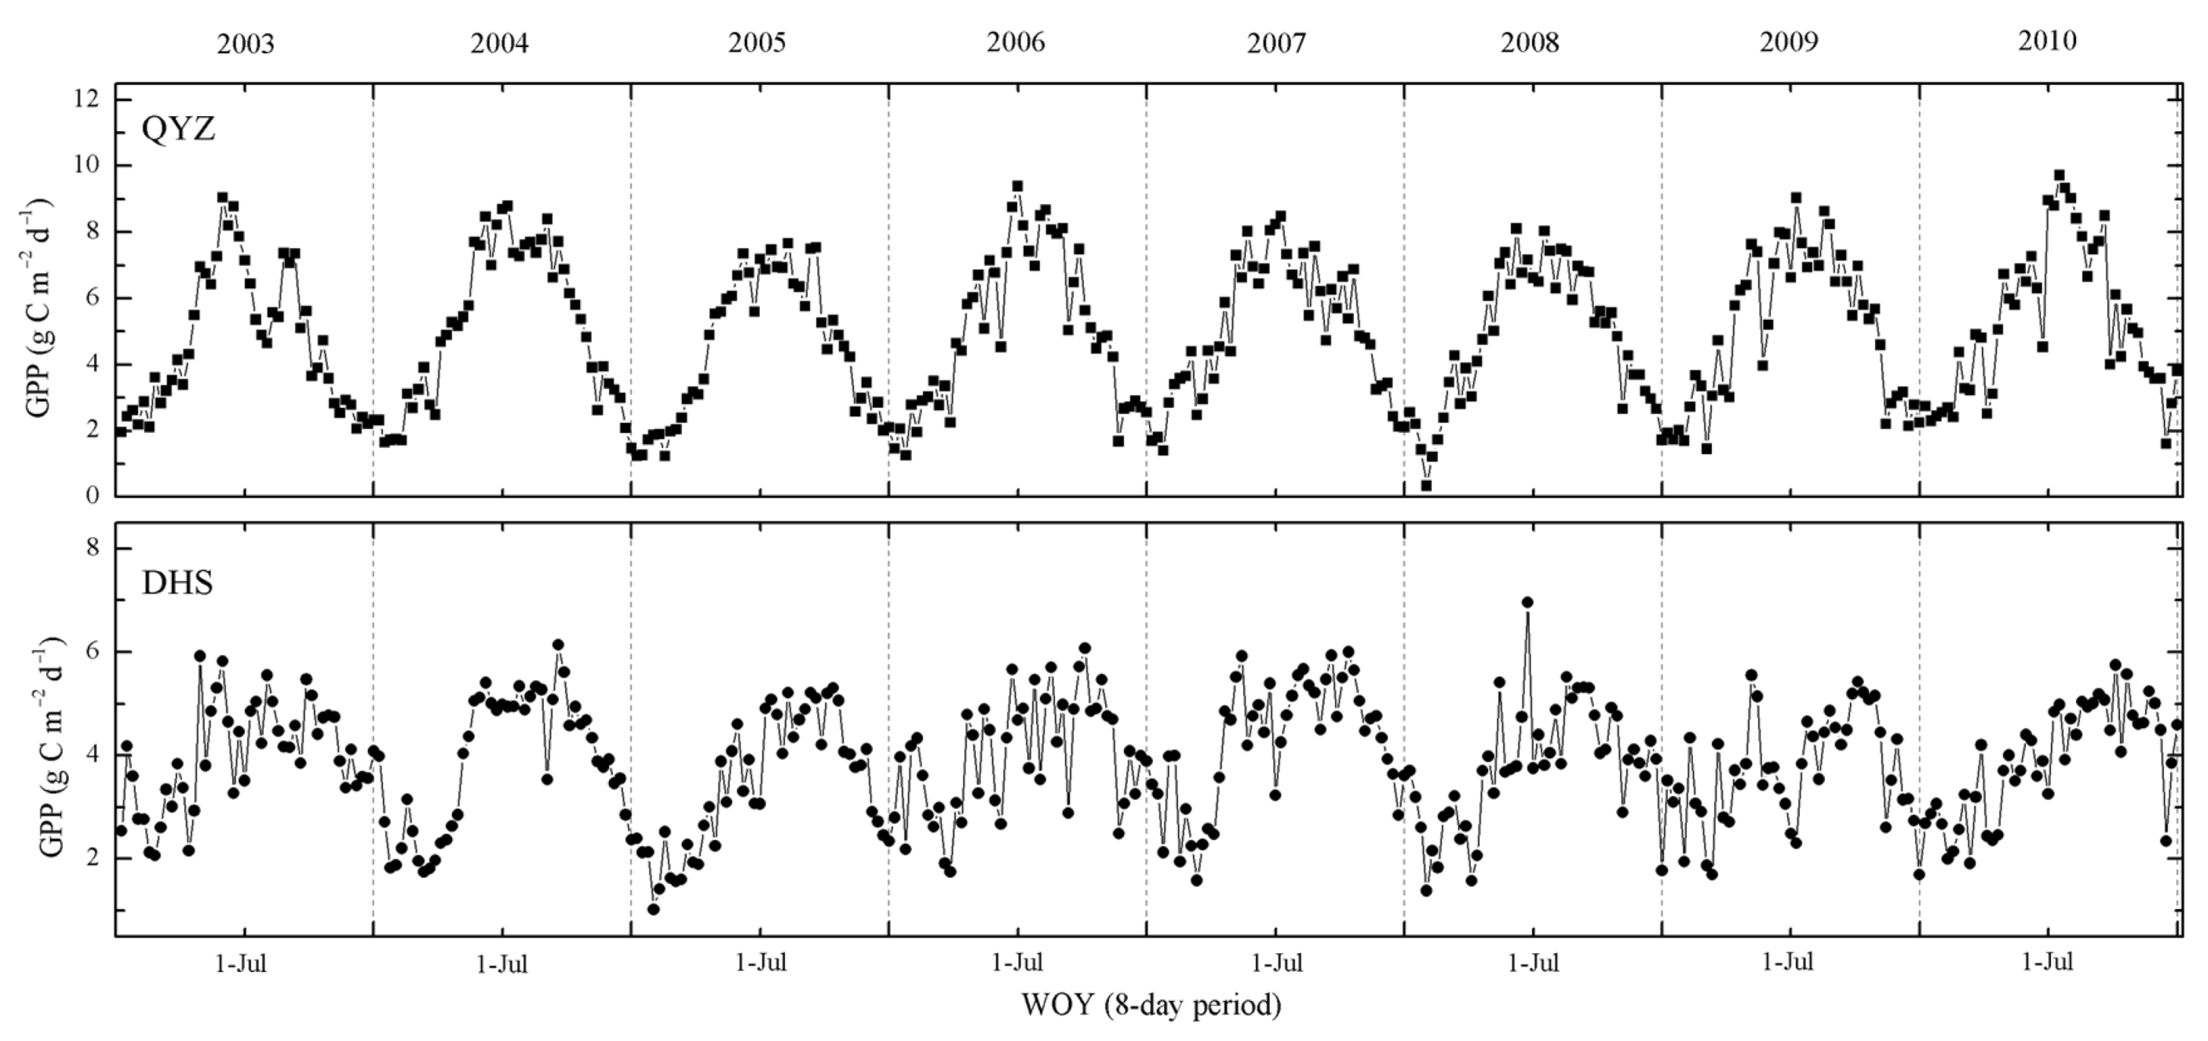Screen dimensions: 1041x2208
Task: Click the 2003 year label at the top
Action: pos(245,44)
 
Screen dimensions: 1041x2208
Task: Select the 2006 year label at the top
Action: pos(1016,42)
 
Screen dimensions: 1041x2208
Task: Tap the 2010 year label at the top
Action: pos(2047,40)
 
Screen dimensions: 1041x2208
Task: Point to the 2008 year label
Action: pos(1530,43)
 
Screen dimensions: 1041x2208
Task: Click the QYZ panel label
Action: pos(178,129)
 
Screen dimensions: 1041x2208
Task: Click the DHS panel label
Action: pos(177,584)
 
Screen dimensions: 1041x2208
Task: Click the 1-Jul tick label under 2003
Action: pos(241,963)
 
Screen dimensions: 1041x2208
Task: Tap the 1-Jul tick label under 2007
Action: pos(1277,963)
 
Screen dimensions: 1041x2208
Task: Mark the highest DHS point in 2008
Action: pos(1527,602)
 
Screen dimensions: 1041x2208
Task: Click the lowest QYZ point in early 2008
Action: pos(1426,485)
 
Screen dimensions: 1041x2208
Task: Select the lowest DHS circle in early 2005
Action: pos(653,909)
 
